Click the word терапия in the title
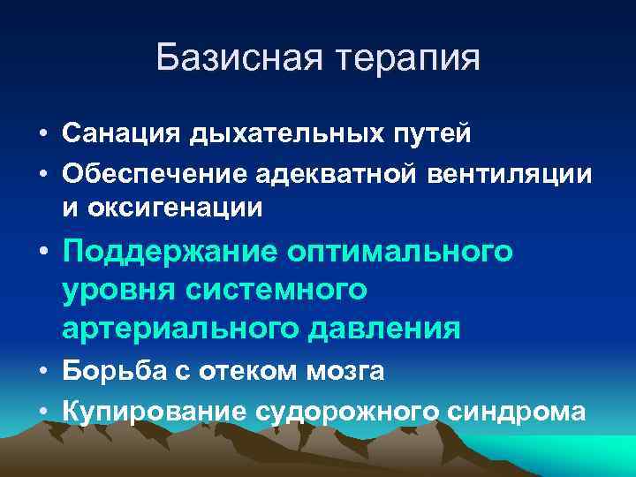405,59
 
